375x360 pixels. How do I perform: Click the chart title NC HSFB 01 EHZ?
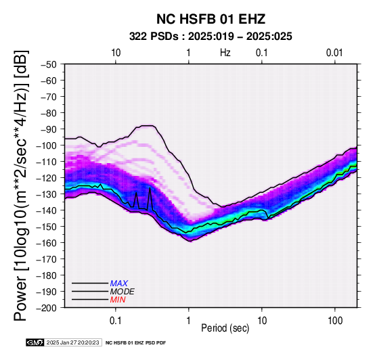coord(211,19)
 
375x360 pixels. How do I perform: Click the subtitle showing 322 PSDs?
coord(211,37)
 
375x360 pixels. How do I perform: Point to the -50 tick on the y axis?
coord(49,64)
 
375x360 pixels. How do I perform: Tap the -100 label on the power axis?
coord(46,145)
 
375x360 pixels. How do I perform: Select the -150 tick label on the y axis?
coord(46,227)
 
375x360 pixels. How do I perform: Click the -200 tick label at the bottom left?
coord(46,308)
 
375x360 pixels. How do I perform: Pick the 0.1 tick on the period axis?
coord(116,321)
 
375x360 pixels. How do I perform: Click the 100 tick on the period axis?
coord(335,321)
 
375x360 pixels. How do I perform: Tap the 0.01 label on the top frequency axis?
coord(334,53)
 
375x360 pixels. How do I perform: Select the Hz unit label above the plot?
coord(225,53)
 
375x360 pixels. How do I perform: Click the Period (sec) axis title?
coord(225,328)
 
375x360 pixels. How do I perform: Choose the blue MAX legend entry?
coord(119,284)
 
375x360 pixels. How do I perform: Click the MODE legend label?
coord(123,292)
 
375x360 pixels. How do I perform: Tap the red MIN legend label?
coord(118,300)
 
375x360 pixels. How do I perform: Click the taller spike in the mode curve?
coord(150,189)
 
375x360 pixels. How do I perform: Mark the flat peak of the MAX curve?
coord(146,125)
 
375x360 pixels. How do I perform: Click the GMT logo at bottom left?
coord(35,342)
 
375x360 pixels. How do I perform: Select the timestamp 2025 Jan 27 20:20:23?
coord(72,342)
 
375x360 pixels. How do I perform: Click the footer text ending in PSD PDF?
coord(135,343)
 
